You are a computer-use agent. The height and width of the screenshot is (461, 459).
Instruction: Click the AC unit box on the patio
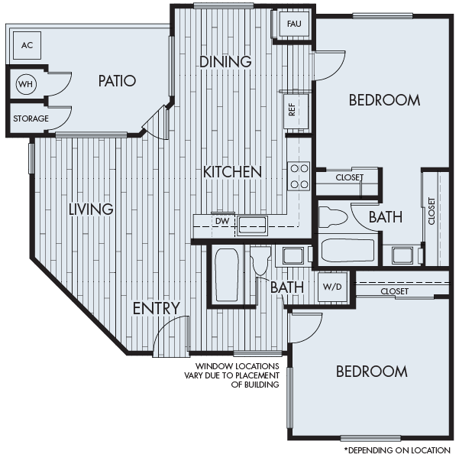point(27,46)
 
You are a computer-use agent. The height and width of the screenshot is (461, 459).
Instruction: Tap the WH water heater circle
point(25,83)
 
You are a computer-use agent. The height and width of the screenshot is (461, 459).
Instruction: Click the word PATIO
point(117,80)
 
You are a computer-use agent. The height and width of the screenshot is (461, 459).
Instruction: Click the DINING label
point(225,62)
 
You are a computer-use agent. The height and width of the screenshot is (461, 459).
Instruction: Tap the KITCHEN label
point(232,172)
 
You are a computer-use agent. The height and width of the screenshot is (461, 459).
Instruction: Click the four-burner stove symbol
point(299,176)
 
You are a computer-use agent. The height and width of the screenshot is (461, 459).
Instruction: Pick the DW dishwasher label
point(221,222)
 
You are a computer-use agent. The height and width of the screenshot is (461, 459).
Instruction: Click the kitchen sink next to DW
point(251,223)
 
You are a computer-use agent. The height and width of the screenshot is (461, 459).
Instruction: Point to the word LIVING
point(90,209)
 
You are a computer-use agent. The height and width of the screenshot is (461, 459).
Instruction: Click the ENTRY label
point(156,308)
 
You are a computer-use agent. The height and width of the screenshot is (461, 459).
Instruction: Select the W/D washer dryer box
point(331,287)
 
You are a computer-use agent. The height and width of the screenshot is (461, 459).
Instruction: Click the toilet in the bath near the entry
point(261,262)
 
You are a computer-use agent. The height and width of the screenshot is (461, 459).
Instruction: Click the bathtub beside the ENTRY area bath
point(226,275)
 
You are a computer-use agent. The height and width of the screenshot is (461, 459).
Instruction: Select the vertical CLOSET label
point(432,211)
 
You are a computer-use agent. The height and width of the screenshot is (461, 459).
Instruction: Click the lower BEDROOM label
point(372,372)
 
